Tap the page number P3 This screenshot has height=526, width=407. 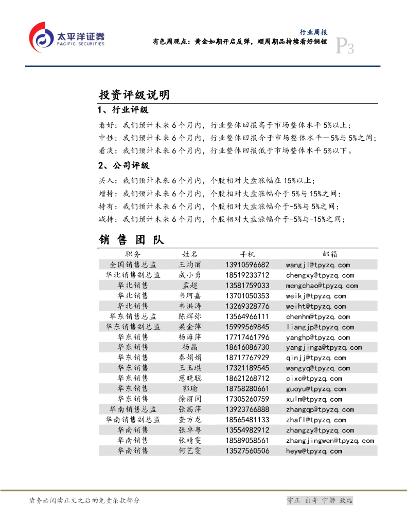point(344,48)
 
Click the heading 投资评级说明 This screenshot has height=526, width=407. point(134,95)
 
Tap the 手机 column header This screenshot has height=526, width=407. point(247,254)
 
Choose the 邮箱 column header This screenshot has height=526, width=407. point(330,254)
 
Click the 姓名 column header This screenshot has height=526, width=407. point(190,254)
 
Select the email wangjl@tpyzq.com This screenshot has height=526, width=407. point(318,265)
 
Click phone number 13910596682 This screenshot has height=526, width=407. point(247,265)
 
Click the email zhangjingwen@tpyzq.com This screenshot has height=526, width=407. point(330,441)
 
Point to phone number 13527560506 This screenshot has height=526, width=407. point(247,451)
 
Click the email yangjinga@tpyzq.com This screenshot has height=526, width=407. point(324,348)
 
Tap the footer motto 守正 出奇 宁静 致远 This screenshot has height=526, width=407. point(320,500)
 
